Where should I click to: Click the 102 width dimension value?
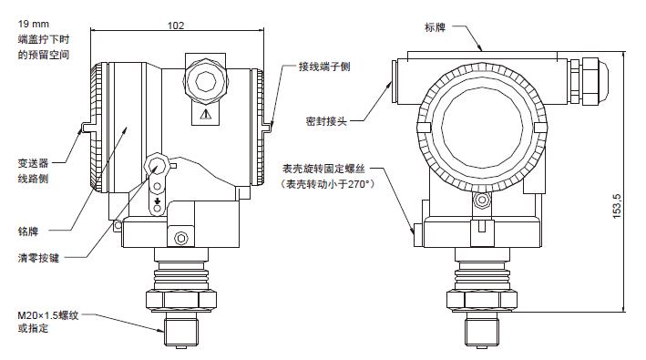(176, 26)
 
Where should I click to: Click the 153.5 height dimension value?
(617, 206)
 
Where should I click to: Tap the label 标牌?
(435, 27)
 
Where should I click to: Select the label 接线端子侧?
(324, 67)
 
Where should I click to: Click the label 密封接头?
(326, 121)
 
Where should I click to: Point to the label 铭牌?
(28, 231)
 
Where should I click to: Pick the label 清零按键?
(38, 258)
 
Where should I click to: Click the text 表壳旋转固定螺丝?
(323, 169)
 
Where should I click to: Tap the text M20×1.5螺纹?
(47, 315)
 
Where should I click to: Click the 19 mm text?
(34, 24)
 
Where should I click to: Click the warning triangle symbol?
(206, 114)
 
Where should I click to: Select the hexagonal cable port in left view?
(206, 81)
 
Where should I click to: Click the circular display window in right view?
(482, 127)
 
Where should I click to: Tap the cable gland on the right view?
(588, 80)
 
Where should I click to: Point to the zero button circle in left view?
(156, 167)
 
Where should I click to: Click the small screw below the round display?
(482, 201)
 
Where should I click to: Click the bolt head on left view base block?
(181, 238)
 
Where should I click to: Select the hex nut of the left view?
(181, 300)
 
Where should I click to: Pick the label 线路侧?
(33, 179)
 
